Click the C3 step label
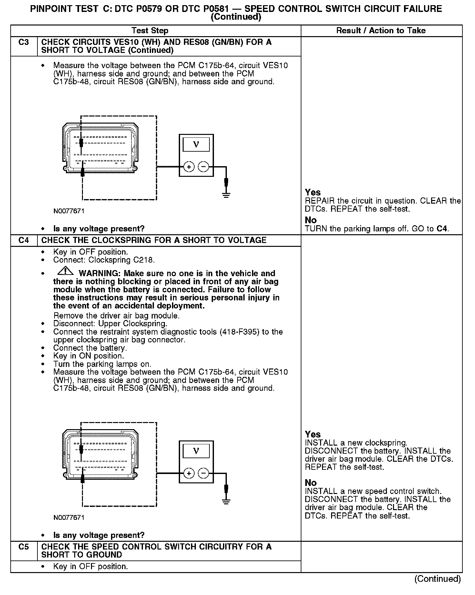point(24,42)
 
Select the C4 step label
point(24,240)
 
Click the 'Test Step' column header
point(150,31)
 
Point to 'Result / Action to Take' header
point(381,31)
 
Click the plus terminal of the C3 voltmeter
point(189,167)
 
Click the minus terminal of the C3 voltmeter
point(203,167)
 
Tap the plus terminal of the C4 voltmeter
point(189,473)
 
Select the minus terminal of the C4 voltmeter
point(203,473)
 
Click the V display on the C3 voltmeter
point(196,144)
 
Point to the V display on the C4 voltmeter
point(196,451)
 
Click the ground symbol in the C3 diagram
point(226,195)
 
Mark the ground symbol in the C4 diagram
point(226,501)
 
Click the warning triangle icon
point(65,270)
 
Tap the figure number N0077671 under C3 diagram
point(69,211)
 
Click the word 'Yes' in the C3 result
point(313,192)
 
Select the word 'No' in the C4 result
point(311,483)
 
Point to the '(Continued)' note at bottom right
point(437,579)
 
